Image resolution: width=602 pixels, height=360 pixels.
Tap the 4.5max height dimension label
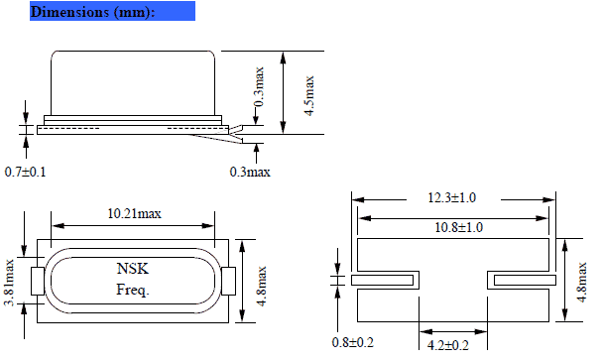(309, 95)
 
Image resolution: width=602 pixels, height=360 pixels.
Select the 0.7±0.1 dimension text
(24, 172)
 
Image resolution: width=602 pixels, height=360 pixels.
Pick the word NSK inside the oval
(131, 269)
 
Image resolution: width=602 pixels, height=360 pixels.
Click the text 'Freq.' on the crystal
(131, 291)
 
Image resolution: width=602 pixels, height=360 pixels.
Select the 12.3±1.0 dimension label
(452, 198)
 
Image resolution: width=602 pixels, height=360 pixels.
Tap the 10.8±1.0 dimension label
(452, 227)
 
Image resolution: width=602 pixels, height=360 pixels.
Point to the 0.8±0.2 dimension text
(355, 344)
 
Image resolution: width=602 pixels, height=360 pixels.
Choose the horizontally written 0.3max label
(251, 172)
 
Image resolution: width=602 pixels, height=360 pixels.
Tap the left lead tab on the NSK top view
(38, 280)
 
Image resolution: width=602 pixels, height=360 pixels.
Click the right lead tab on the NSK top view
(227, 280)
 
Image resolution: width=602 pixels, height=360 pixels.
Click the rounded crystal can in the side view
(132, 84)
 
